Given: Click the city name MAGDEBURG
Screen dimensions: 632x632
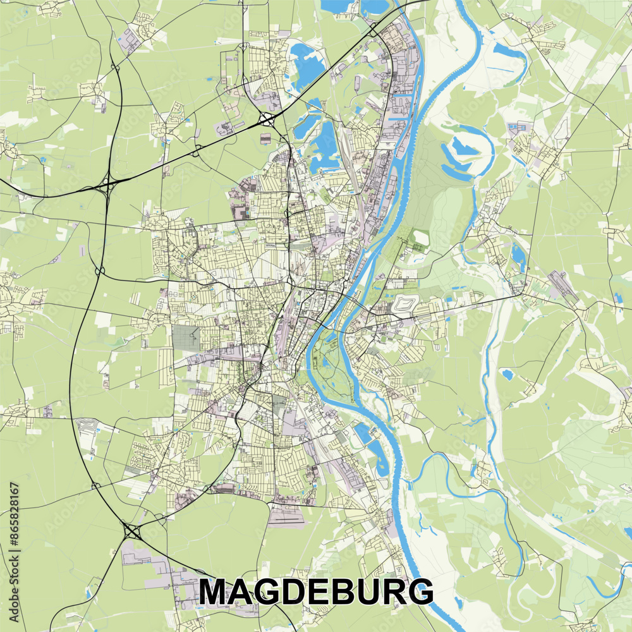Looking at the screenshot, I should coord(316,592).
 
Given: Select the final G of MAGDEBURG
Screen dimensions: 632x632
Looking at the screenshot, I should coord(420,592).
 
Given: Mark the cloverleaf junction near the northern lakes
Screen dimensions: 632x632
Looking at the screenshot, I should coord(265,118).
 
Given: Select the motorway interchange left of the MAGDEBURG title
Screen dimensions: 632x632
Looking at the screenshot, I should coord(131,531).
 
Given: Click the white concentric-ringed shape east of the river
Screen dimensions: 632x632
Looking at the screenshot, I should coord(404,305).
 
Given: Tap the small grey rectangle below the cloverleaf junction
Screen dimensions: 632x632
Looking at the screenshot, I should coord(265,138).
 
